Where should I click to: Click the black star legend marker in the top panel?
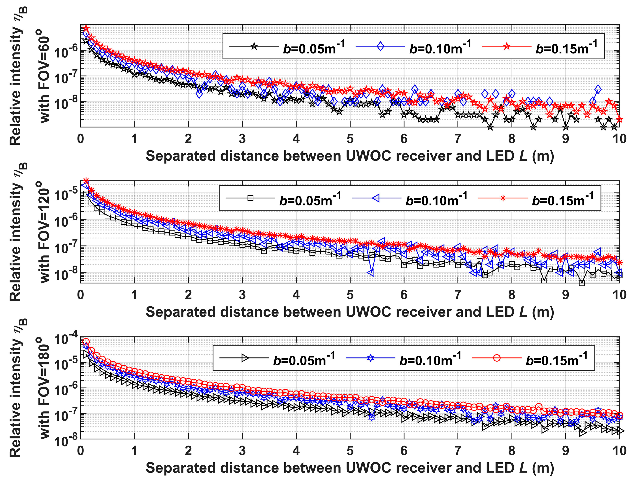pyautogui.click(x=254, y=46)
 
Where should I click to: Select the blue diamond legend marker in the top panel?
pyautogui.click(x=380, y=46)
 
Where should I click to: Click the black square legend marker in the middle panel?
pyautogui.click(x=250, y=198)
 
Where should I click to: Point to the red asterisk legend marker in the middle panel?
pyautogui.click(x=503, y=198)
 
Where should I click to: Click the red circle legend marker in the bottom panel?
pyautogui.click(x=497, y=358)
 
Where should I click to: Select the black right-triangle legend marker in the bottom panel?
pyautogui.click(x=245, y=358)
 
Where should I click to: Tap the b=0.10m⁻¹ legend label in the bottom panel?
pyautogui.click(x=430, y=359)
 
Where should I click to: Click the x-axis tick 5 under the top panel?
pyautogui.click(x=350, y=139)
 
